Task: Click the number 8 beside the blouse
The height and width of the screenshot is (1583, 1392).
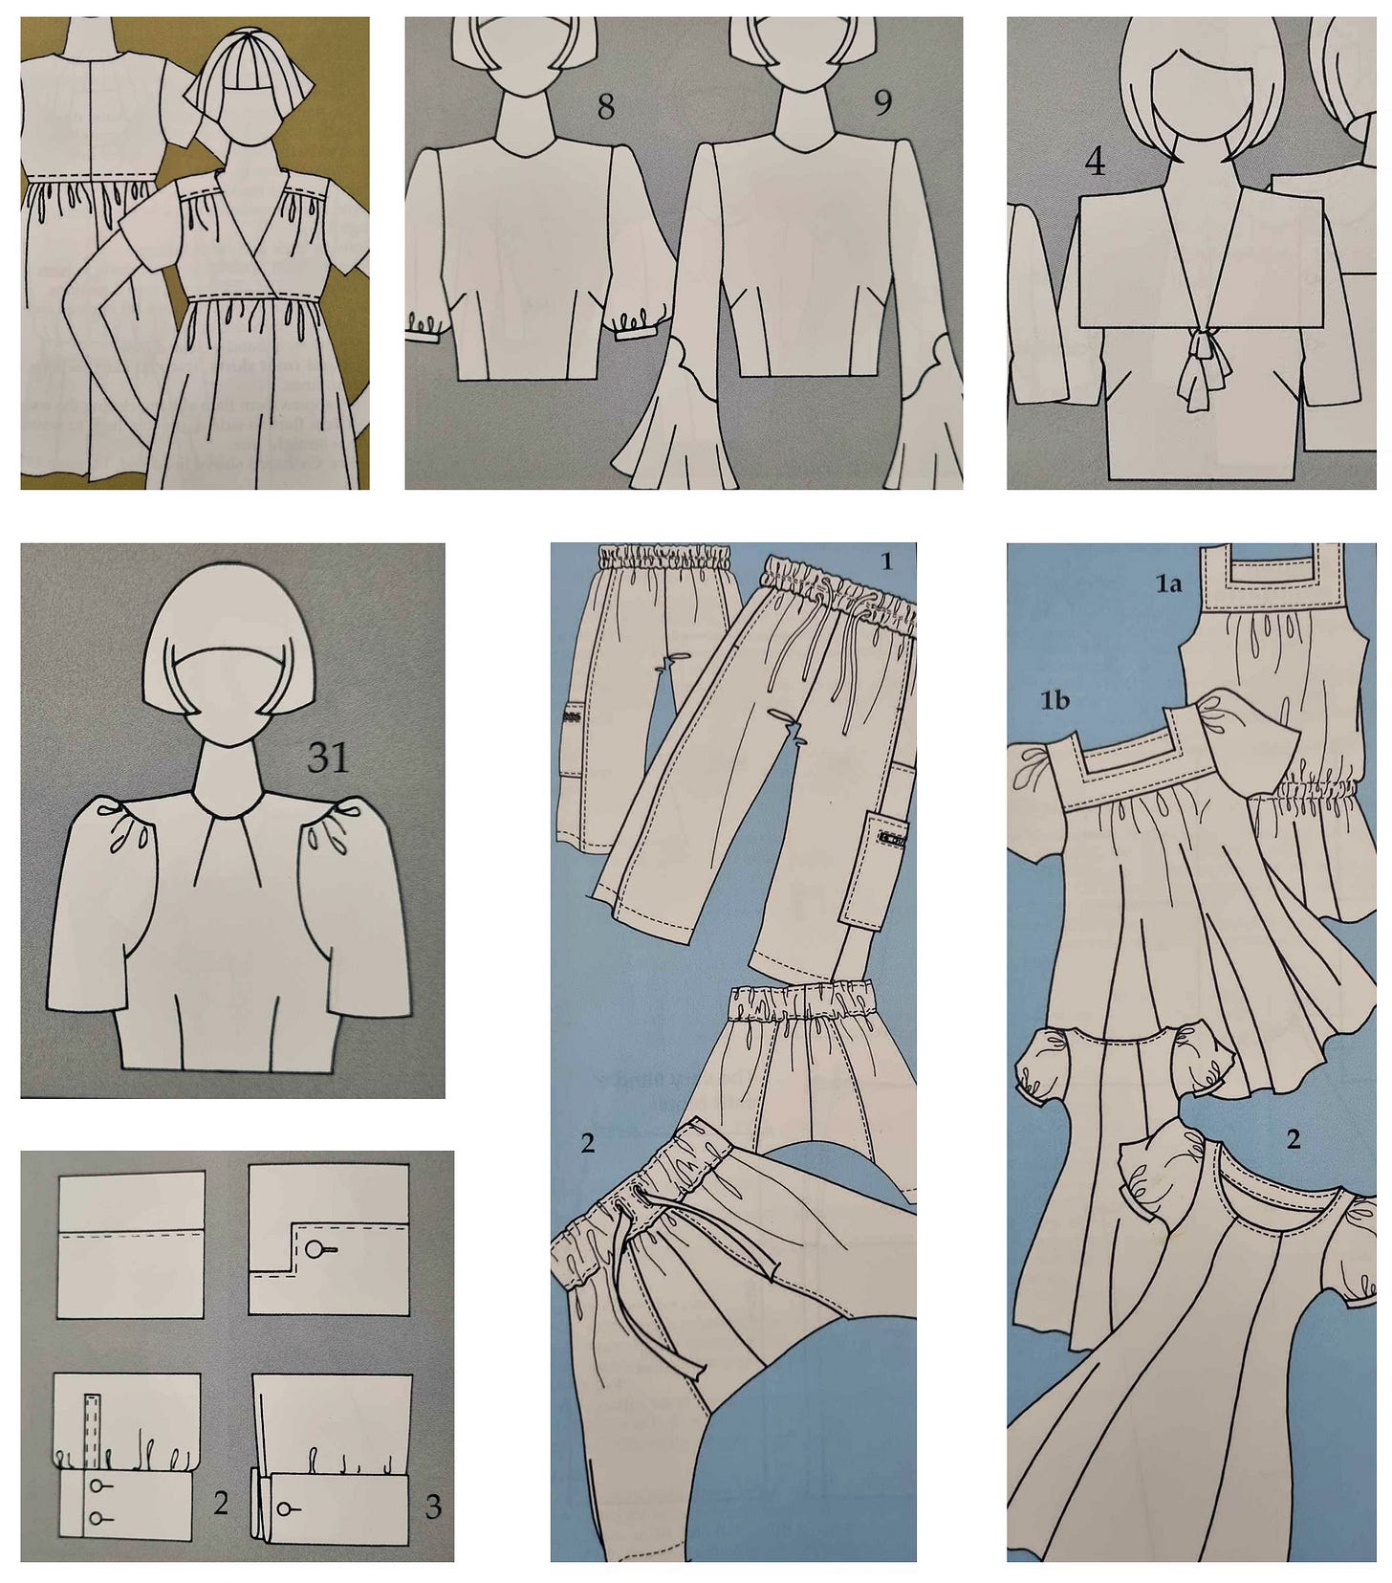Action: pyautogui.click(x=605, y=107)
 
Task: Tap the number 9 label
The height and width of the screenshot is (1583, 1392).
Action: pyautogui.click(x=882, y=103)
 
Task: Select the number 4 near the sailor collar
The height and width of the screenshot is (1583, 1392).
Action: pyautogui.click(x=1095, y=164)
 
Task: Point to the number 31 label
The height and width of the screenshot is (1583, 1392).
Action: pyautogui.click(x=327, y=758)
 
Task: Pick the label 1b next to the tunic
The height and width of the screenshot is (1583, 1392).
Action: pyautogui.click(x=1055, y=701)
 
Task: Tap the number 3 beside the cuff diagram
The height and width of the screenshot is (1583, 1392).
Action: pyautogui.click(x=433, y=1507)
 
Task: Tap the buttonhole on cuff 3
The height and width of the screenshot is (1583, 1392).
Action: pyautogui.click(x=289, y=1508)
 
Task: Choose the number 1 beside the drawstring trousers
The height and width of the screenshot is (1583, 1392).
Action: pyautogui.click(x=886, y=561)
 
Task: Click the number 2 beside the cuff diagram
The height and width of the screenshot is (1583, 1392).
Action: pyautogui.click(x=221, y=1503)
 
